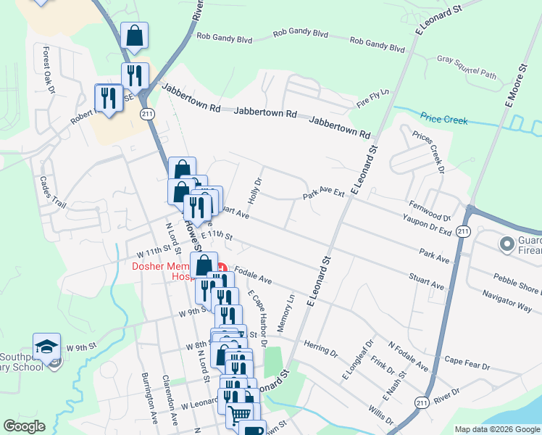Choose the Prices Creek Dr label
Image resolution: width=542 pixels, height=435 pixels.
coord(428,153)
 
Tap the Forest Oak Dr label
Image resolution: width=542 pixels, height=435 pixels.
coord(49,70)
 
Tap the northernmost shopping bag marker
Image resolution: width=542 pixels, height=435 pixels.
coord(134,35)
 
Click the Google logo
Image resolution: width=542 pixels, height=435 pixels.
coord(24,426)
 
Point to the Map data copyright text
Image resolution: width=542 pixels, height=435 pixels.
coord(497,428)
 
